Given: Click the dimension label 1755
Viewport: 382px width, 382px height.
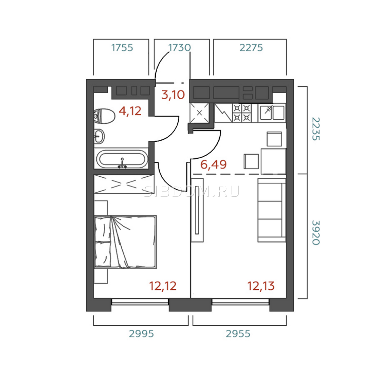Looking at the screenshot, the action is [122, 48].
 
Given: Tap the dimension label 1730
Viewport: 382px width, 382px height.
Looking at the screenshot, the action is [180, 48].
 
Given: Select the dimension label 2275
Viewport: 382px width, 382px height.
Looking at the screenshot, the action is [251, 48].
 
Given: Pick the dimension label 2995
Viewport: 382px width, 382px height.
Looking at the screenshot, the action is [141, 334].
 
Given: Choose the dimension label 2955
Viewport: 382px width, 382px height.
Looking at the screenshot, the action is [238, 334].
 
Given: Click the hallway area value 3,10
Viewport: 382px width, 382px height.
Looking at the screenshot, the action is [173, 95].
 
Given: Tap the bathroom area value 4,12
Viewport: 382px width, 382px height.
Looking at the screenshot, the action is [130, 111].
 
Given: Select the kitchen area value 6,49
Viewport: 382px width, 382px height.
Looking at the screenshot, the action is [214, 165].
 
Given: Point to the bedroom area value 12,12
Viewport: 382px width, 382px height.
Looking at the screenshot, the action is [163, 286].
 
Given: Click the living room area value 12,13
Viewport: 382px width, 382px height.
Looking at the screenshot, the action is [261, 286].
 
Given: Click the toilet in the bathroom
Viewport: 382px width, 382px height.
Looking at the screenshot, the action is [104, 116].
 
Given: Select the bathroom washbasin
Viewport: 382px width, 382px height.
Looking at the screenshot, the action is [99, 136].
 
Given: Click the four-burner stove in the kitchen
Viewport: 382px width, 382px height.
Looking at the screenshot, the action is [242, 113].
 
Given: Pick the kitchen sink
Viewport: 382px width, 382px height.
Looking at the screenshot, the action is [272, 113].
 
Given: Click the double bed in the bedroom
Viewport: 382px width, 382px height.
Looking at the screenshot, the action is [125, 242].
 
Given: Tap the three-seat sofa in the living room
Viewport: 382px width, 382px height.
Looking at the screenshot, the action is [272, 210].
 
